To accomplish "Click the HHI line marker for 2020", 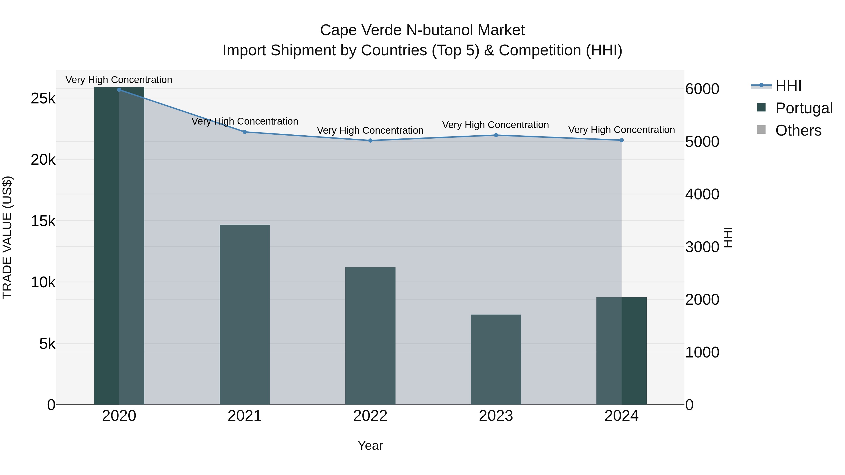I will tap(119, 90).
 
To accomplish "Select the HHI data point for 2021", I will tap(245, 132).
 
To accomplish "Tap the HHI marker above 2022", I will tap(370, 141).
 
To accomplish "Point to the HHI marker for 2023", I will tap(496, 135).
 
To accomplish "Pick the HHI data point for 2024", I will tap(622, 140).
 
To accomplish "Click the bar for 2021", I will tap(245, 315).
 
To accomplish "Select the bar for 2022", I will tap(370, 336).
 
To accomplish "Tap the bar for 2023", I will tap(496, 360).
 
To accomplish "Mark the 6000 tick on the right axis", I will tap(702, 89).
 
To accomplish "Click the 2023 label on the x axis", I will tap(496, 416).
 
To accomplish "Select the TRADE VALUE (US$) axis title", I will tap(7, 237).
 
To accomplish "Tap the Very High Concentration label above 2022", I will tap(370, 130).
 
